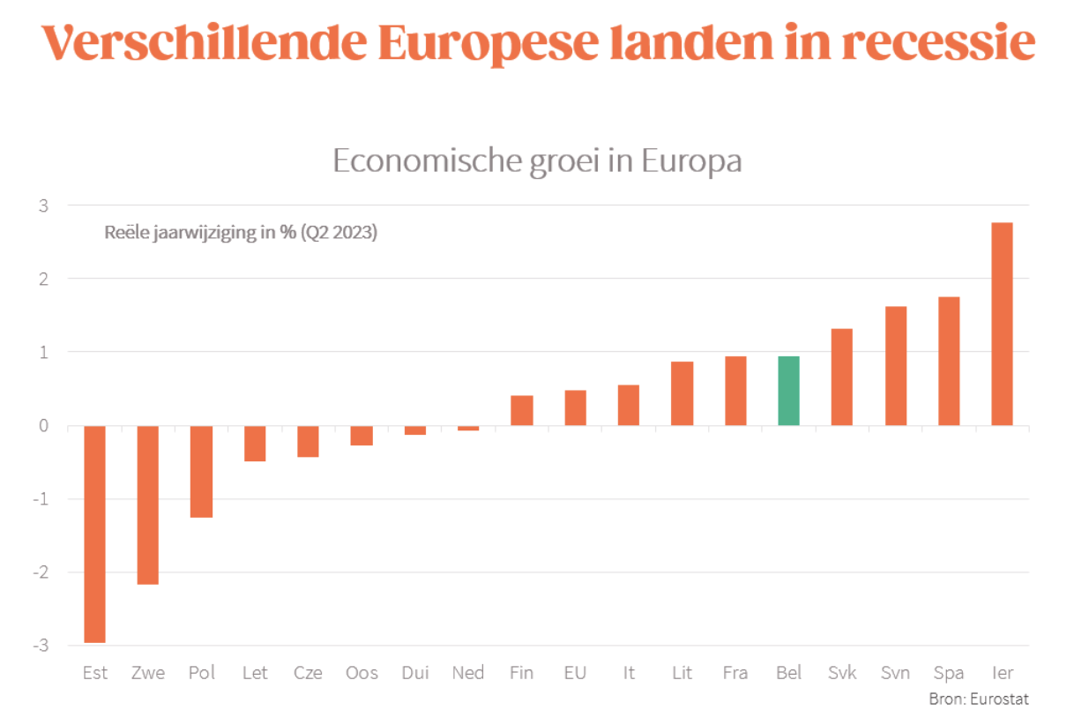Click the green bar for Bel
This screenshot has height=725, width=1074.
(x=788, y=391)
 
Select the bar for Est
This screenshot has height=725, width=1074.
(x=94, y=534)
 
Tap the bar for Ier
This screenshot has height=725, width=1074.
(x=1002, y=324)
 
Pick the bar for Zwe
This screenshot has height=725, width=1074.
(x=148, y=505)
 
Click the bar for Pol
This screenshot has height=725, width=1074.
(x=201, y=471)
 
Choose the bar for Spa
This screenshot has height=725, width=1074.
(x=949, y=361)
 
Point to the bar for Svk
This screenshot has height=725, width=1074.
(x=842, y=377)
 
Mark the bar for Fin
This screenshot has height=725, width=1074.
(x=521, y=410)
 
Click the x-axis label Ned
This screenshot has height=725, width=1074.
(x=468, y=673)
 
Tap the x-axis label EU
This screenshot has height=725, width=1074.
(x=575, y=673)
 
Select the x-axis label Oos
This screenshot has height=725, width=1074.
(x=362, y=673)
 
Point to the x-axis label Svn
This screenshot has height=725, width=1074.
(x=895, y=673)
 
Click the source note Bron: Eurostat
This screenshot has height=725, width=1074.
(x=978, y=699)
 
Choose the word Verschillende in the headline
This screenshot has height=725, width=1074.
(x=201, y=42)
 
